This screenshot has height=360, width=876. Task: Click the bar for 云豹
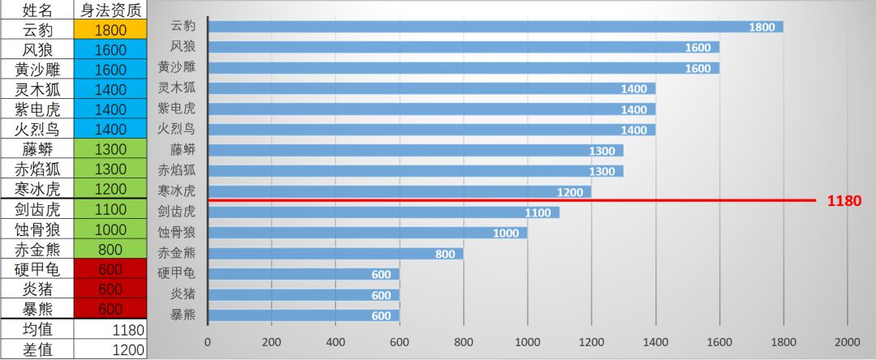pos(495,27)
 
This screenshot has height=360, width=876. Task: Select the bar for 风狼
pos(463,47)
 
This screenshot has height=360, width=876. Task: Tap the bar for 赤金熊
pos(335,253)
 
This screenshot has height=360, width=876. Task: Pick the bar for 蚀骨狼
pos(367,233)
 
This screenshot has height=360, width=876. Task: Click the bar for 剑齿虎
pos(383,212)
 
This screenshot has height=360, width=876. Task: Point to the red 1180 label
pos(844,200)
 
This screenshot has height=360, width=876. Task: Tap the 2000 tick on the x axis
pos(847,341)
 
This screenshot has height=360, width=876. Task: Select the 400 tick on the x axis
pos(336,341)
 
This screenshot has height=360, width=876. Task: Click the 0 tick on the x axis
pos(208,341)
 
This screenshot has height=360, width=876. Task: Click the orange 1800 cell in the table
pos(110,30)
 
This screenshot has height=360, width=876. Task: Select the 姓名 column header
pos(36,10)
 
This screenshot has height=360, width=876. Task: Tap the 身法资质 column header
pos(110,10)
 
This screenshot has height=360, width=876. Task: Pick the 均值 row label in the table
pos(36,329)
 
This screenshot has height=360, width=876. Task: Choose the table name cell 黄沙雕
pos(36,70)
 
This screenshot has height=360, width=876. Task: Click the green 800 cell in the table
pos(110,249)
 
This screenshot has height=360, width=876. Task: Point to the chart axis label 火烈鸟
pos(176,129)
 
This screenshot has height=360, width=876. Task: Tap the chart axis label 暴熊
pos(182,315)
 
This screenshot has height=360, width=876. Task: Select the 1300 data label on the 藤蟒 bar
pos(602,150)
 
